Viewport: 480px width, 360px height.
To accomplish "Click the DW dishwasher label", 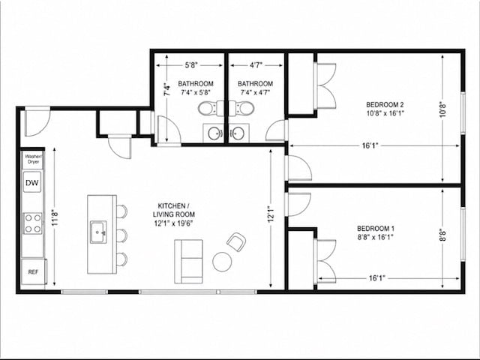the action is (31, 183).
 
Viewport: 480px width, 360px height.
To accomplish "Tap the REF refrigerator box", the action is (33, 271).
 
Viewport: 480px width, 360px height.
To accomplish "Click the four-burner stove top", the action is (33, 223).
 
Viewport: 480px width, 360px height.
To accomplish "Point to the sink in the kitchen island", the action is (98, 232).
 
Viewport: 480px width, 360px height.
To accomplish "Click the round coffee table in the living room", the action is (222, 262).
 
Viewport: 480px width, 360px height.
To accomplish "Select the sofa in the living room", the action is (188, 262).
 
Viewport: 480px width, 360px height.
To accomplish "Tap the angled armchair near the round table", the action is (236, 241).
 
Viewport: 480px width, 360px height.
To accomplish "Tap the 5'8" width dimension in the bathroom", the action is (192, 65).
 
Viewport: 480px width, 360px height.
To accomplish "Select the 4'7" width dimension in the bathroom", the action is (256, 65).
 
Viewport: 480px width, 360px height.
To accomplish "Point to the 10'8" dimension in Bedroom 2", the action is (443, 109).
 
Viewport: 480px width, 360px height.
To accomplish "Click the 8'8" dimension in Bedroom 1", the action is (443, 235).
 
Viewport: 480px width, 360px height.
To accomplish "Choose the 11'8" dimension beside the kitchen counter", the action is (55, 217).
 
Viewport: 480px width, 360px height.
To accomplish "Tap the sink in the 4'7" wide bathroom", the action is (237, 133).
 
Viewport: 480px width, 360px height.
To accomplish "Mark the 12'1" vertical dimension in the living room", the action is (271, 214).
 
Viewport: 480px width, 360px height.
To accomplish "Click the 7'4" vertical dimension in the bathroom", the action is (166, 90).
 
